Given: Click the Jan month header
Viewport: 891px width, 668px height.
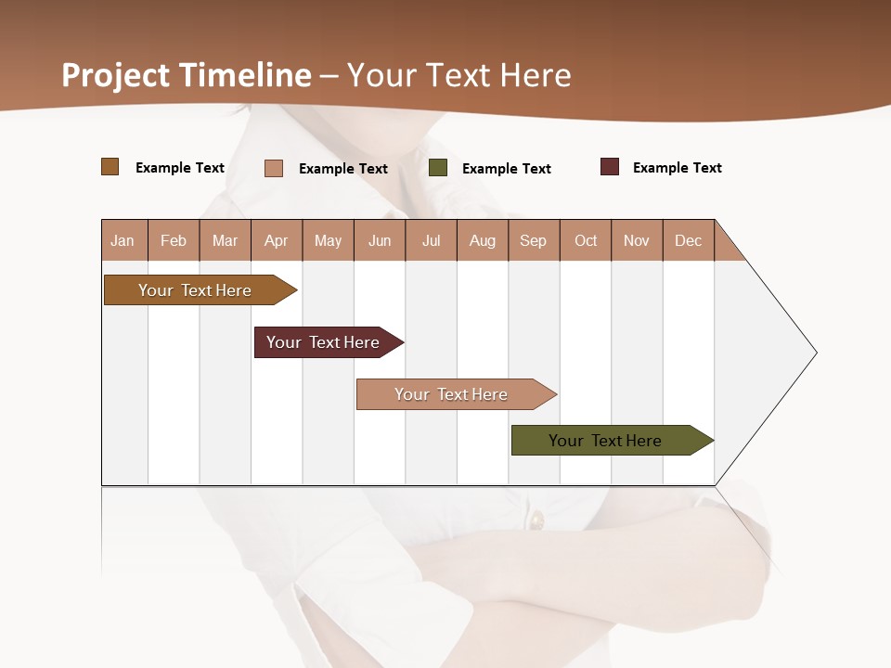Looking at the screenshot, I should tap(123, 240).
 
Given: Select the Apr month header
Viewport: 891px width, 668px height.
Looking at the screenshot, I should tap(276, 240).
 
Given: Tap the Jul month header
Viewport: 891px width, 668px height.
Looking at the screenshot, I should tap(431, 240).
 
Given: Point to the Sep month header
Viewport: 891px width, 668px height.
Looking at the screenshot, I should tap(533, 240).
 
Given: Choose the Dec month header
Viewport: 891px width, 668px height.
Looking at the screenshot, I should tap(688, 240).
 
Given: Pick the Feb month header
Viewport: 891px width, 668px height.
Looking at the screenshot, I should tap(174, 240).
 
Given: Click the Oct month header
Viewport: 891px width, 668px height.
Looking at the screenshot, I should tap(586, 240).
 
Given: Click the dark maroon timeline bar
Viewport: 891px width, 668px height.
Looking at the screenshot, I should tap(325, 342).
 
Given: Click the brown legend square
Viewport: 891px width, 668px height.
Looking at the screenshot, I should tap(110, 167).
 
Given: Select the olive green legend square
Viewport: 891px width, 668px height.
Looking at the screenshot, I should tap(438, 168).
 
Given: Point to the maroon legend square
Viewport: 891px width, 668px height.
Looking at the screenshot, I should tap(610, 167).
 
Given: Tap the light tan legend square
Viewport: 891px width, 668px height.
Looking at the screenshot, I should tap(274, 168).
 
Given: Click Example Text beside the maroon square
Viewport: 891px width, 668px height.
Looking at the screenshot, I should tap(677, 168).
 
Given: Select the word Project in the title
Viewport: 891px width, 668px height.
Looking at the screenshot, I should tap(115, 75).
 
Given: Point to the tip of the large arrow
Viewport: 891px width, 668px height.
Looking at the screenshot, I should tap(815, 353).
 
